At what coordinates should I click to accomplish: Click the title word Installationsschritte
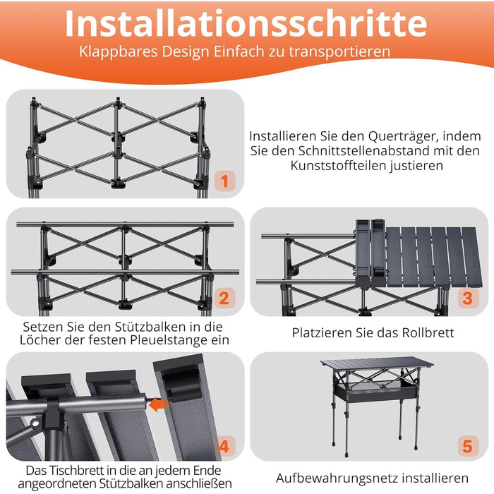246,24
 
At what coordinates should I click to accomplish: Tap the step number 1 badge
224,181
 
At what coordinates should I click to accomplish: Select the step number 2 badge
224,298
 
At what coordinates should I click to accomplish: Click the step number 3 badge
467,298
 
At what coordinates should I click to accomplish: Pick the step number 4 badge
224,446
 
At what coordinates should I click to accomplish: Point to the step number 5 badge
467,446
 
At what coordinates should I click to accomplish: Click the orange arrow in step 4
158,404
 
